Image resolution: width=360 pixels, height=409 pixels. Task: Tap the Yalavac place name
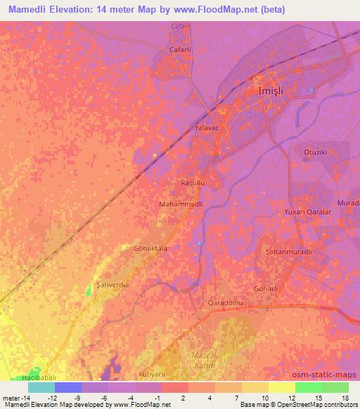(x=207, y=129)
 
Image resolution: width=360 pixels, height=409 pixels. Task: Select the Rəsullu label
(x=193, y=183)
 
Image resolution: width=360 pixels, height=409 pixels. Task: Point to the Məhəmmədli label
(x=181, y=203)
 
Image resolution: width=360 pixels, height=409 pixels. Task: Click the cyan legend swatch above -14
(x=41, y=387)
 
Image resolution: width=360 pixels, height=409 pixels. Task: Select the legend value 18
(x=345, y=398)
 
